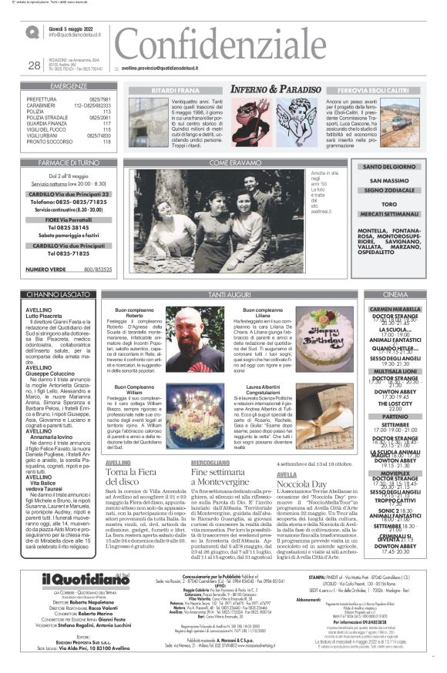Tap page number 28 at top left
34,65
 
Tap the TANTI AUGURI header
230,294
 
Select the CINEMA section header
395,294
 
